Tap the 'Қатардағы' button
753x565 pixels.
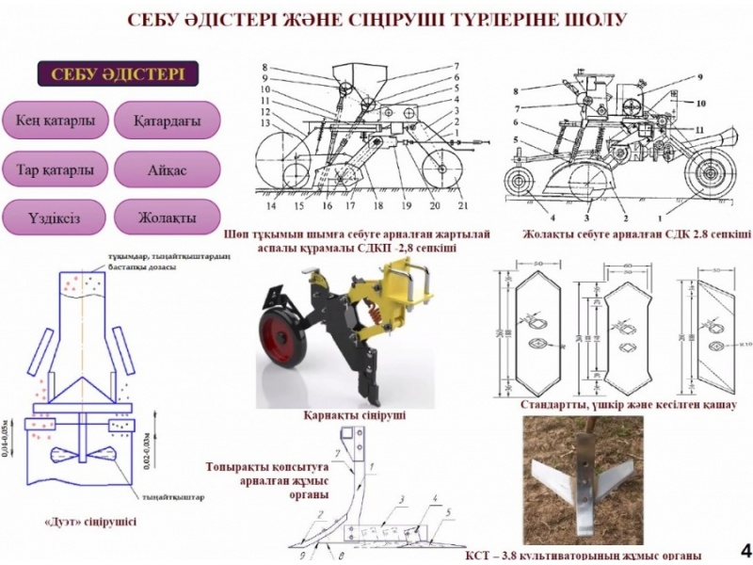(167, 121)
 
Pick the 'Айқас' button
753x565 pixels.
(167, 170)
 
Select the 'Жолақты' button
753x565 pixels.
(167, 218)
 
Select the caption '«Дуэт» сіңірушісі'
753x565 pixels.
(90, 520)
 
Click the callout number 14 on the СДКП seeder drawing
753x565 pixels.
(270, 204)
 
